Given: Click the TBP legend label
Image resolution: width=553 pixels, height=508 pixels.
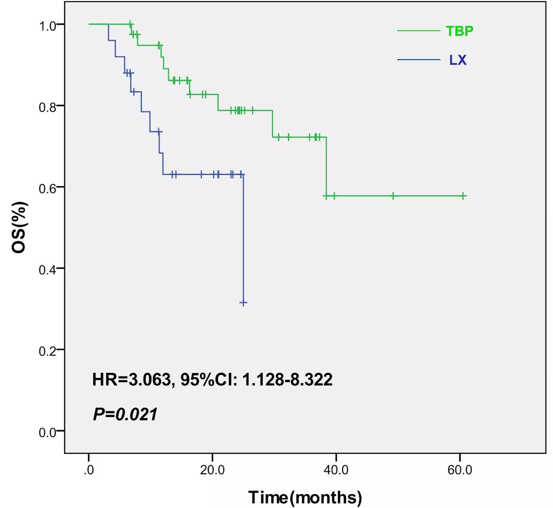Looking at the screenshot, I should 459,31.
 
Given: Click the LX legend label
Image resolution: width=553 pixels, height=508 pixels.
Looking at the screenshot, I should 458,60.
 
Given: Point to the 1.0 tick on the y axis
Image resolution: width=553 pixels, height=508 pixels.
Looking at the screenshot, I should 48,25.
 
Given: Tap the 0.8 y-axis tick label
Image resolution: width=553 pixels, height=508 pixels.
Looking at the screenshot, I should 48,107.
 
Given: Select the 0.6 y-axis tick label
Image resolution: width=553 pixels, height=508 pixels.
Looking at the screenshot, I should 48,188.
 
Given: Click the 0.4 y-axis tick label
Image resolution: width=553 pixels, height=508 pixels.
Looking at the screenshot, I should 48,270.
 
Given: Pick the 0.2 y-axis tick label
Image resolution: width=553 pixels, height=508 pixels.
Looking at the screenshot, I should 48,351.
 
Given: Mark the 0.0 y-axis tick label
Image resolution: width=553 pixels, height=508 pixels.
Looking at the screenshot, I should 48,432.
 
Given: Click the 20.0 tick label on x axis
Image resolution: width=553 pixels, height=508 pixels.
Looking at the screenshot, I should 212,470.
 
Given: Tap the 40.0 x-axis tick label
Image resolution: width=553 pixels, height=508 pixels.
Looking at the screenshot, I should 336,470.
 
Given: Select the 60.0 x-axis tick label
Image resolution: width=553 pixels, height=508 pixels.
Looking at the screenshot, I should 460,470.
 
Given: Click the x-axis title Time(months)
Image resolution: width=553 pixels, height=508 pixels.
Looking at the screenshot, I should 305,497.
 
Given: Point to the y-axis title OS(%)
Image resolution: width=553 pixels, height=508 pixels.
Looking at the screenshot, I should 19,227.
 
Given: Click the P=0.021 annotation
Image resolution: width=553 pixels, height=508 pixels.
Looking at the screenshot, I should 125,414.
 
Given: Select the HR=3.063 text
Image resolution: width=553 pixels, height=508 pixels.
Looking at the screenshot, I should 131,380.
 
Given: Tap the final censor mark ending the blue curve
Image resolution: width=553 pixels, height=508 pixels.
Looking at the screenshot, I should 243,303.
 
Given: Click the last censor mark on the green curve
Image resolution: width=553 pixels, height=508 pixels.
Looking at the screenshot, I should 463,196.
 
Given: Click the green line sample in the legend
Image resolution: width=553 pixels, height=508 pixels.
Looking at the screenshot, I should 419,31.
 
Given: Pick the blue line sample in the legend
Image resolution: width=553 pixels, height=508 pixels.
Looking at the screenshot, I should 419,60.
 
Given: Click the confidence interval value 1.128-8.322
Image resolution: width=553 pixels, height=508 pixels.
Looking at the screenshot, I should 287,380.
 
